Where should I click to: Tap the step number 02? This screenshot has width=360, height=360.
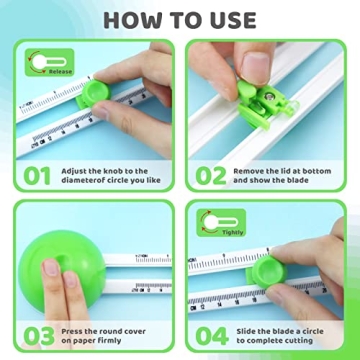pyautogui.click(x=212, y=175)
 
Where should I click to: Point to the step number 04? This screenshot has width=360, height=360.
pyautogui.click(x=212, y=333)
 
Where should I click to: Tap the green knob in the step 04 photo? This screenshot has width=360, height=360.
pyautogui.click(x=261, y=272)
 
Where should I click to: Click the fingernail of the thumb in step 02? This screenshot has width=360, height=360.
pyautogui.click(x=258, y=67)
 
